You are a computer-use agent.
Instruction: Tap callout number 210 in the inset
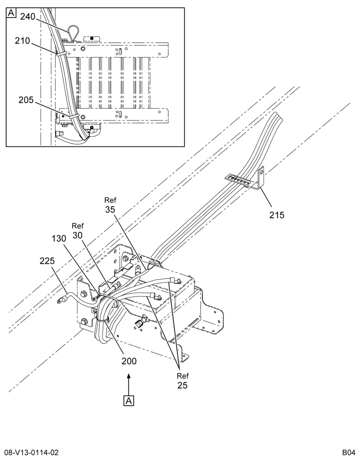(22, 41)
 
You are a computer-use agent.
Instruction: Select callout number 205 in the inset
(26, 100)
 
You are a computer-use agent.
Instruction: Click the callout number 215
(277, 215)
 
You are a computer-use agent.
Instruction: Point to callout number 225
(47, 261)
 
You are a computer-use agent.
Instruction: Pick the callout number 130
(59, 239)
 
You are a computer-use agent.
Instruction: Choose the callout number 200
(129, 361)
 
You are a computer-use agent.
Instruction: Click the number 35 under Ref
(110, 209)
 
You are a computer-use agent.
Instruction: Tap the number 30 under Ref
(78, 235)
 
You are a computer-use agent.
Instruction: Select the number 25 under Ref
(182, 385)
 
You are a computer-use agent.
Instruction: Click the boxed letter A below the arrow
(129, 401)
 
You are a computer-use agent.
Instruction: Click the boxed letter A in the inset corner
(11, 13)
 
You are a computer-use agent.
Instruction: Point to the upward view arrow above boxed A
(129, 384)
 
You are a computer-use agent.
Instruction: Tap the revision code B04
(349, 453)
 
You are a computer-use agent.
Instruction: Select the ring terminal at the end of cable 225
(60, 300)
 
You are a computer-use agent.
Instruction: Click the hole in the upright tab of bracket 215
(262, 172)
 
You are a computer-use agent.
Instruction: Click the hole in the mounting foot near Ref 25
(184, 356)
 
